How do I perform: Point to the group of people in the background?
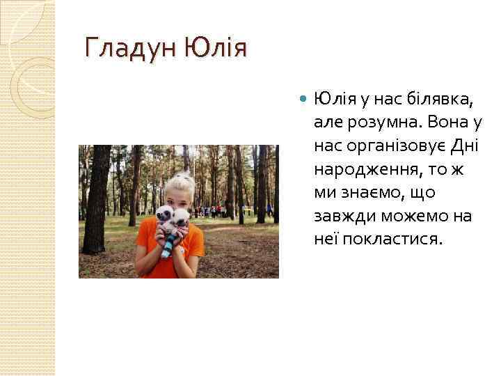click(209, 210)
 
